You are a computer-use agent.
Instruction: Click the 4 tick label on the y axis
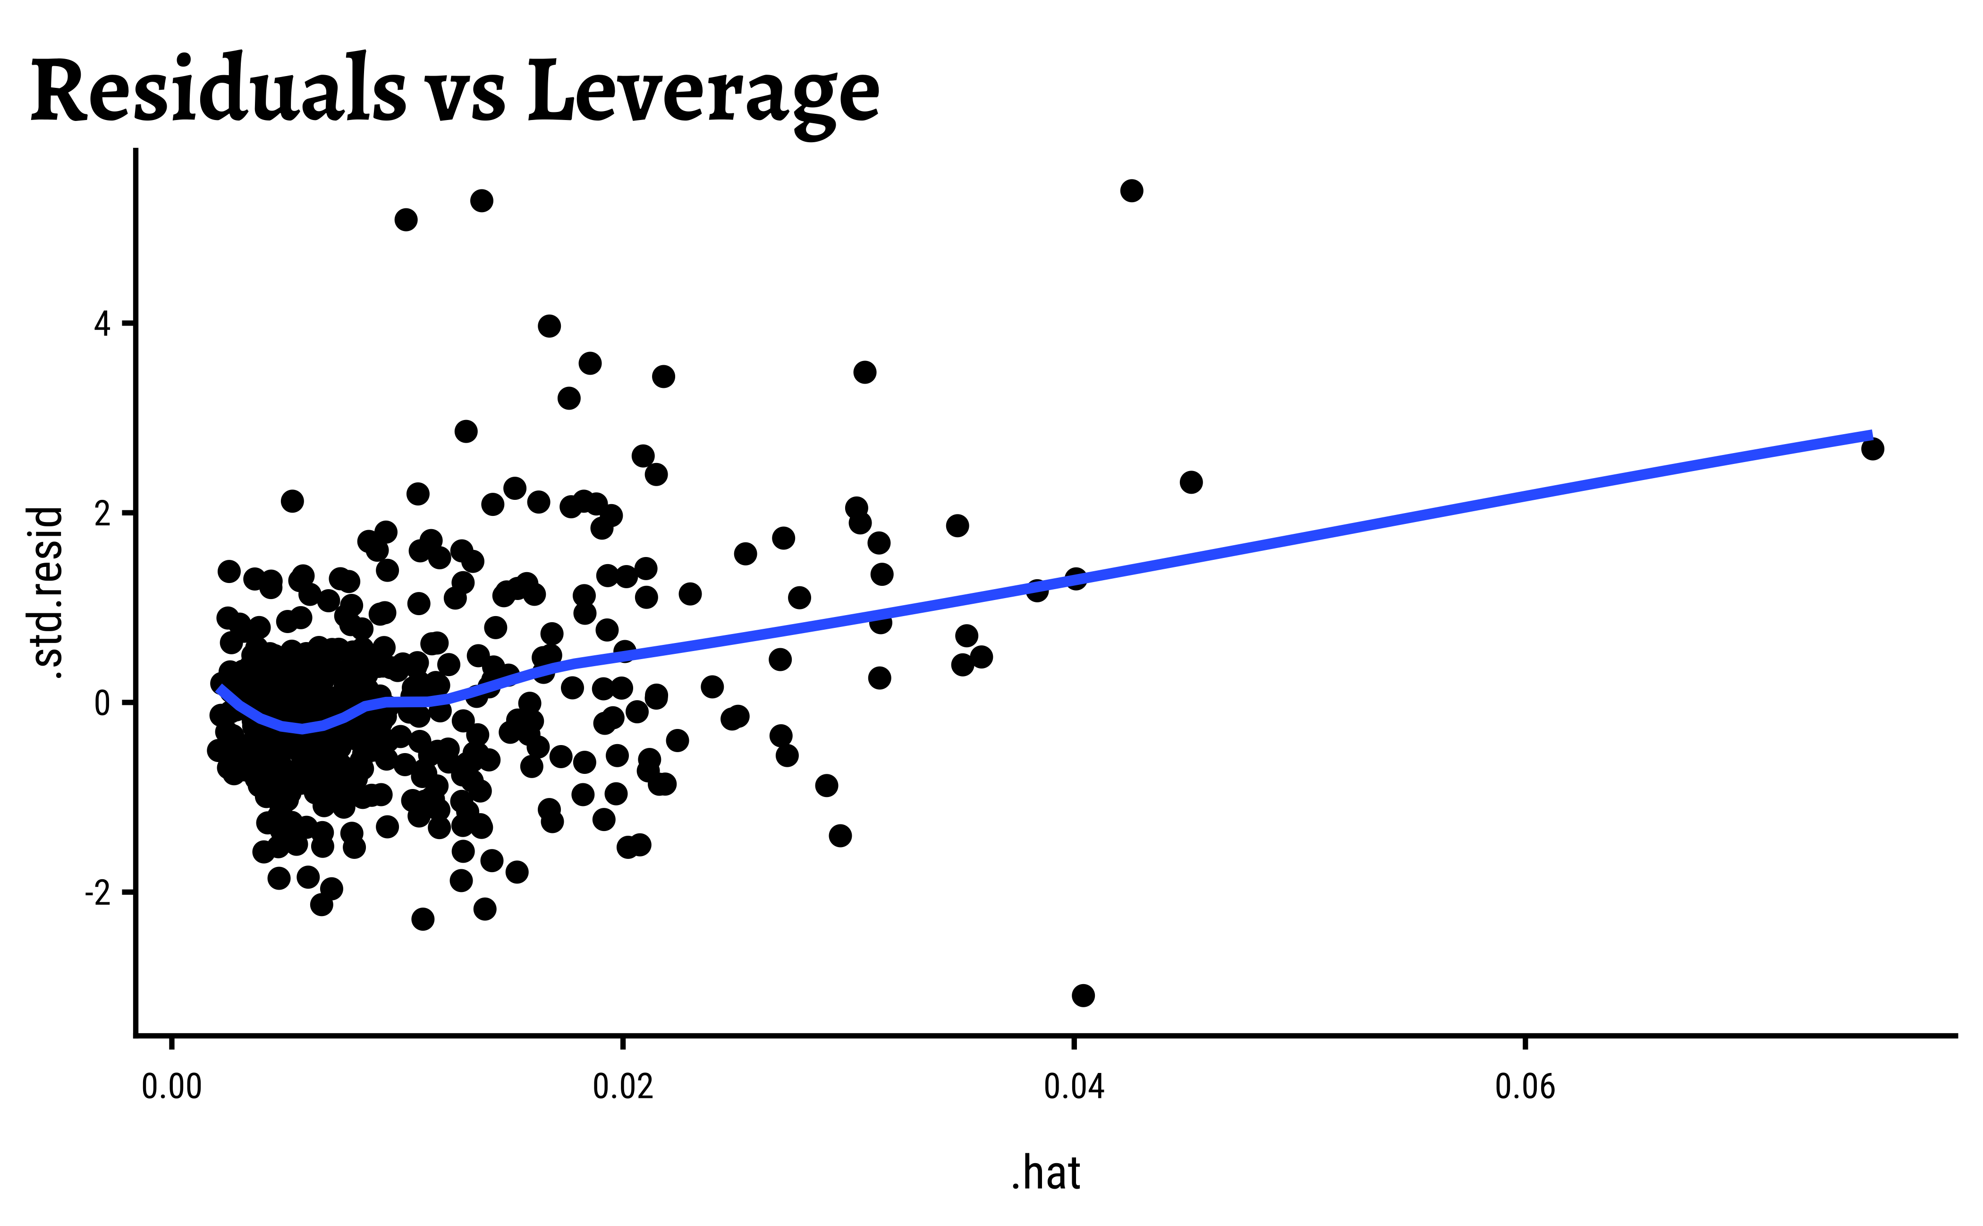point(102,325)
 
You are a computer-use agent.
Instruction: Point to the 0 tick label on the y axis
point(102,703)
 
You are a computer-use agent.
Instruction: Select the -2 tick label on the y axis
point(97,893)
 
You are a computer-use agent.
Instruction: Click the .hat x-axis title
point(1045,1173)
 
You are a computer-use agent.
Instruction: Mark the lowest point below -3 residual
point(1083,995)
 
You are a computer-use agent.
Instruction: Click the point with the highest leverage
point(1872,448)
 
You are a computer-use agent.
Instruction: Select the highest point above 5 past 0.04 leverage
point(1131,190)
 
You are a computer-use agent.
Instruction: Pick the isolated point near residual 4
point(550,326)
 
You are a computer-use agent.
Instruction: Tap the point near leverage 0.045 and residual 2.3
point(1190,481)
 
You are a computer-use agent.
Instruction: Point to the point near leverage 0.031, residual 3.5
point(864,372)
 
